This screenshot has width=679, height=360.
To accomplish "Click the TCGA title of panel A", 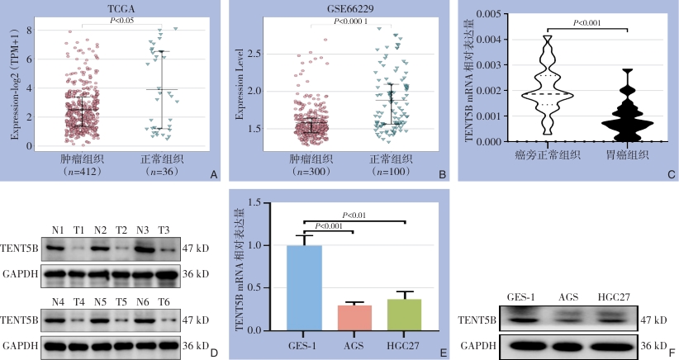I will [117, 7].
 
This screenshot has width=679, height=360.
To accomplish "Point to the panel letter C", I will [671, 174].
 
